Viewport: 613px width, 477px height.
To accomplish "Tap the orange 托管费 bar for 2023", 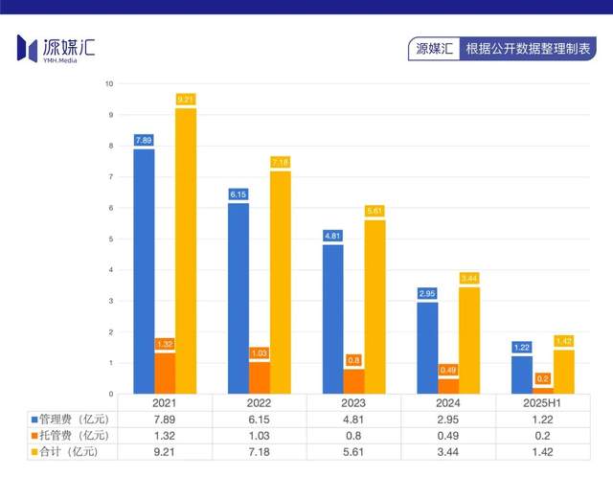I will click(354, 381).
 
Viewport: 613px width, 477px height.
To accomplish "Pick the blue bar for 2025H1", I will click(522, 375).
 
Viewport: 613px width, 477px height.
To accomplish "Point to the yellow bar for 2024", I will click(469, 341).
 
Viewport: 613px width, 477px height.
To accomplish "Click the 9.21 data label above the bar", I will click(186, 99).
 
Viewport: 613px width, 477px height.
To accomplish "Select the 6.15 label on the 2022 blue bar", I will click(238, 194).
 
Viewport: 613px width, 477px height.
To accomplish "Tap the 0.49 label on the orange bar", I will click(448, 370).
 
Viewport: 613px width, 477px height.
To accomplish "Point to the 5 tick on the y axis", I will click(111, 239).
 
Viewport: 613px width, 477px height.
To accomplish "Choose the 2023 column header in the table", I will click(354, 403).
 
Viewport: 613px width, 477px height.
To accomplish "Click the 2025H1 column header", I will click(543, 403).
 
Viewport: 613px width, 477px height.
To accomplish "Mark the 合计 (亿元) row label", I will click(71, 451).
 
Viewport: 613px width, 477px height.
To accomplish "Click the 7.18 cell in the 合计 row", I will click(260, 451).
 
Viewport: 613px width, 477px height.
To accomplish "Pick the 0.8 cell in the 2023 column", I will click(354, 435).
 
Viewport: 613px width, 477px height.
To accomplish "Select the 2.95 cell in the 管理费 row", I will click(448, 420).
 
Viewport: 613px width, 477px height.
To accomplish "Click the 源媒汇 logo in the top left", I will click(57, 47).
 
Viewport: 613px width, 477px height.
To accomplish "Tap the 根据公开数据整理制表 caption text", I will click(527, 49).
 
